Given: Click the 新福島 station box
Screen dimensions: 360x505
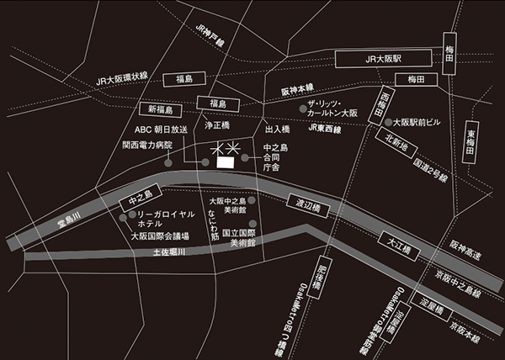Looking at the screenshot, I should [160, 110].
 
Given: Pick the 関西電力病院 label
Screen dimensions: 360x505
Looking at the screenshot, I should [146, 145].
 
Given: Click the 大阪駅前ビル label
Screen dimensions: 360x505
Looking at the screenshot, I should [416, 122].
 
